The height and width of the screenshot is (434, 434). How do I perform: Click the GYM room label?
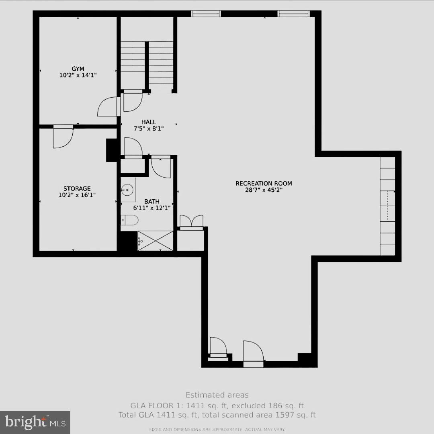tap(78, 69)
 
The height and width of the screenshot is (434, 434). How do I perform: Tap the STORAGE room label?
tap(77, 188)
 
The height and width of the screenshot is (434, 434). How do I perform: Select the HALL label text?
tap(149, 122)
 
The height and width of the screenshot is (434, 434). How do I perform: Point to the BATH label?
tap(152, 201)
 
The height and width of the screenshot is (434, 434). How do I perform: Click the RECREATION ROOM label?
tap(264, 184)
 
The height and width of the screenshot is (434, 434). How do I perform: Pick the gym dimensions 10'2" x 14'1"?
tap(78, 75)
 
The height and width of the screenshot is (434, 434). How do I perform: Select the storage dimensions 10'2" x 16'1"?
tap(77, 195)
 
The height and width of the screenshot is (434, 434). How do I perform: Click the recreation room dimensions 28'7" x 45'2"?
tap(264, 190)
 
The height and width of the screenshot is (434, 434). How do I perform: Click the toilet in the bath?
tap(130, 220)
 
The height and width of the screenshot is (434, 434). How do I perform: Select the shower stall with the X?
tap(155, 240)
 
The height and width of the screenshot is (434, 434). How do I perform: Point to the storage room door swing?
tap(63, 137)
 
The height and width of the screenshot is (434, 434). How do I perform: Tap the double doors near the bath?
tap(191, 222)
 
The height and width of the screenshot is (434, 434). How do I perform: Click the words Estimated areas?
tap(217, 395)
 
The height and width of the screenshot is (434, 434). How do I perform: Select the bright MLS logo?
tap(35, 422)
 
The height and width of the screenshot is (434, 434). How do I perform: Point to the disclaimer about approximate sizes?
tap(217, 430)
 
